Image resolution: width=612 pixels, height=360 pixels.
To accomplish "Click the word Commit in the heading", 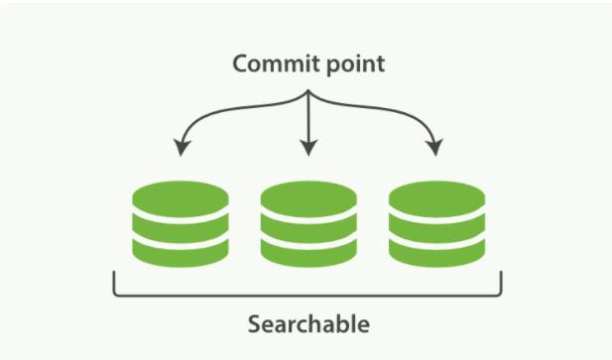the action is pos(271,64).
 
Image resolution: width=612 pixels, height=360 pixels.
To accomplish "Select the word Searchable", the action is pos(307,324).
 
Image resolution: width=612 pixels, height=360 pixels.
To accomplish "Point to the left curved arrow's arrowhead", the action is pos(181,148).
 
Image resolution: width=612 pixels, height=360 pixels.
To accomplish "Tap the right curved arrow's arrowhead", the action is pos(435,148).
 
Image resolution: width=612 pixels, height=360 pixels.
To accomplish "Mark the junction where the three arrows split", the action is pos(308,95).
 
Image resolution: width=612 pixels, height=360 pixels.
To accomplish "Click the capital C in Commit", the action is pos(240,64).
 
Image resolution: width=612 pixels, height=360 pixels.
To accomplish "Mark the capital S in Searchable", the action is pos(254,324).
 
